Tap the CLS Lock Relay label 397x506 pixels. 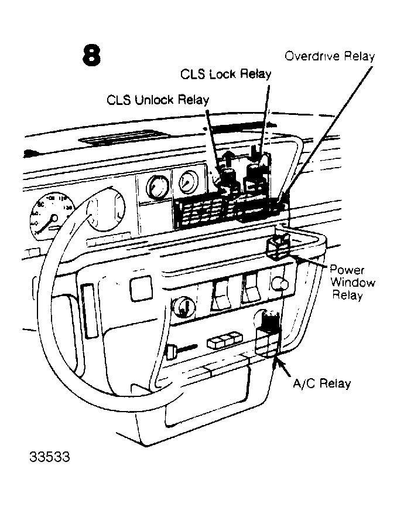click(x=226, y=74)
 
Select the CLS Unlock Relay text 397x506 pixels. click(x=158, y=99)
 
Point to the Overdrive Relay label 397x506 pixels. click(x=329, y=56)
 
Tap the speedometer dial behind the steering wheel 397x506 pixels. click(x=49, y=218)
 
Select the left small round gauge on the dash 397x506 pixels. click(x=156, y=188)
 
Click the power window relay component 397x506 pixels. click(x=278, y=245)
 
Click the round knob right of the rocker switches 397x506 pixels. click(x=280, y=285)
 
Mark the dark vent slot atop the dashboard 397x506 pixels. click(x=109, y=139)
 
